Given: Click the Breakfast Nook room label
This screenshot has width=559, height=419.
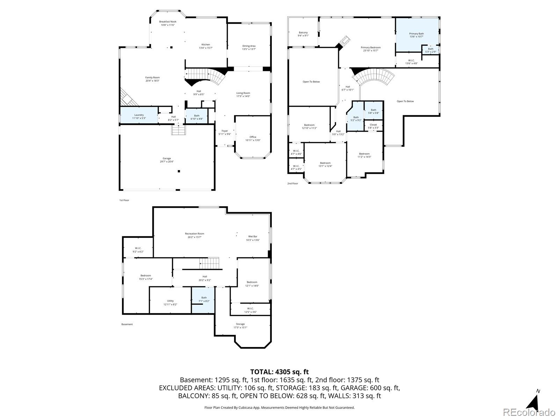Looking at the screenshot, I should click(168, 22).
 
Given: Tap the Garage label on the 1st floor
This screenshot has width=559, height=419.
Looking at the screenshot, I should click(167, 158).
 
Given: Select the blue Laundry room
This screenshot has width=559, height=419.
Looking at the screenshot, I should click(139, 115).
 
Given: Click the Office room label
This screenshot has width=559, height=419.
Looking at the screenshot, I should click(253, 137).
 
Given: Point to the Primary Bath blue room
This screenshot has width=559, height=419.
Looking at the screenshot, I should click(416, 34).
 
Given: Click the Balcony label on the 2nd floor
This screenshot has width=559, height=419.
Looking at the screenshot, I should click(303, 32).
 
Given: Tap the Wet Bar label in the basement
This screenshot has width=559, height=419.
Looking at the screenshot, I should click(253, 236).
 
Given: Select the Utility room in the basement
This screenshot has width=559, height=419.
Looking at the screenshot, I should click(170, 301).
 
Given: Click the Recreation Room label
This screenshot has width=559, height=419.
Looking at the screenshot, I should click(195, 234).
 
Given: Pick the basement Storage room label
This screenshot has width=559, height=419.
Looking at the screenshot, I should click(240, 324).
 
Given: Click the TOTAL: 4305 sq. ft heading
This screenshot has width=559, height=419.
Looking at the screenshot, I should click(279, 372).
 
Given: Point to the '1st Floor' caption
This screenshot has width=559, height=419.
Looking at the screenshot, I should click(124, 200).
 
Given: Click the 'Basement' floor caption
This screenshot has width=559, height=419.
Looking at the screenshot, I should click(127, 324).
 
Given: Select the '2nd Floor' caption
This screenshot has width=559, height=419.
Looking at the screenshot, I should click(293, 183).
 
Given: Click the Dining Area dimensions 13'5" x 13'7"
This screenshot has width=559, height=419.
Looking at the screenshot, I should click(249, 49).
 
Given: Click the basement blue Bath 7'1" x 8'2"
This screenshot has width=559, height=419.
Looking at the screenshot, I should click(204, 300).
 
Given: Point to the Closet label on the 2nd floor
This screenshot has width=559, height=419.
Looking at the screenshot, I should click(373, 125).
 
